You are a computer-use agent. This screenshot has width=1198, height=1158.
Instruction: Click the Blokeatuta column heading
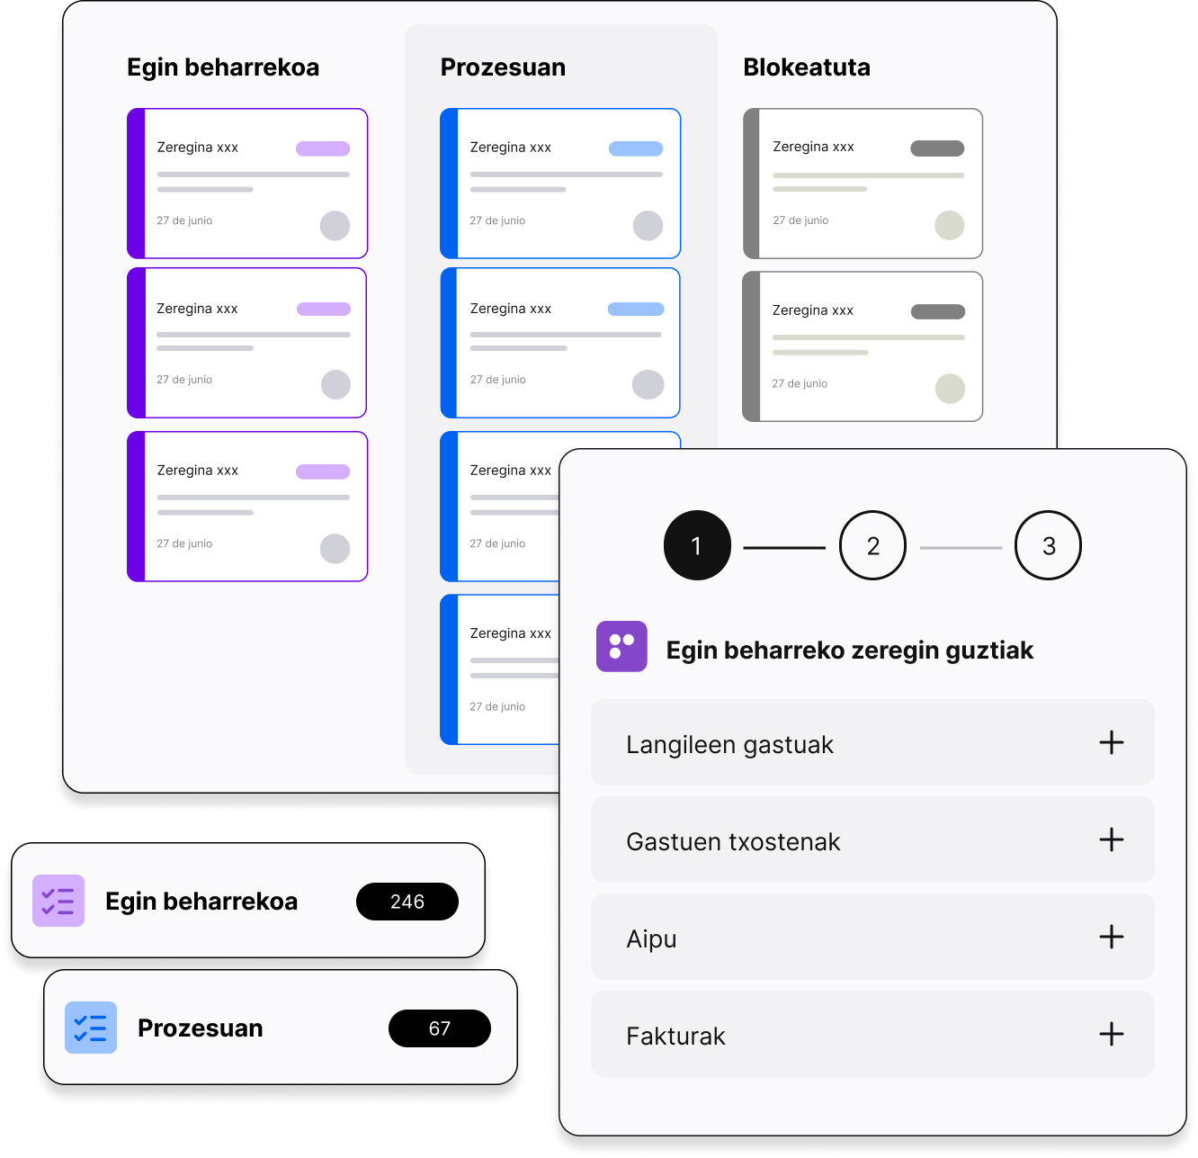coord(806,67)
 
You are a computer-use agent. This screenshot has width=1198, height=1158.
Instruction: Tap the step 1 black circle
coord(697,545)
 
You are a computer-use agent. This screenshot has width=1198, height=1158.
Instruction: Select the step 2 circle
coord(872,545)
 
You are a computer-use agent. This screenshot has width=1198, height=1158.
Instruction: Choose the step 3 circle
coord(1048,545)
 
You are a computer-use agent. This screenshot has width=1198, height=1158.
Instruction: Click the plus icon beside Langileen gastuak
coord(1112,742)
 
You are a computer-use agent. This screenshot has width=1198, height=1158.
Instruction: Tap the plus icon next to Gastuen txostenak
coord(1112,839)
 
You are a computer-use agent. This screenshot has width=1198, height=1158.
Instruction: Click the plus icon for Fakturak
coord(1112,1034)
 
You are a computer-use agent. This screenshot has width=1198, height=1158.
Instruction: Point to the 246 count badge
coord(407,902)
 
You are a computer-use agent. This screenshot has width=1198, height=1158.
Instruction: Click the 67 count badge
coord(440,1028)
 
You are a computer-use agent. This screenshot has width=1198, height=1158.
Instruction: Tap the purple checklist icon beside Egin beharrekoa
coord(58,901)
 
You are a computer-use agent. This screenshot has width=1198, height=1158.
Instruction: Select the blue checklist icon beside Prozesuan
coord(91,1028)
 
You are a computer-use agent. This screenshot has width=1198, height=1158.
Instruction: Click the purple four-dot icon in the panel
coord(621,646)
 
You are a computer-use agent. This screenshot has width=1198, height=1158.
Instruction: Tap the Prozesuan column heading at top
coord(503,67)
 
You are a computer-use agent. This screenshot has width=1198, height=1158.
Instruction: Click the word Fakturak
coord(675,1037)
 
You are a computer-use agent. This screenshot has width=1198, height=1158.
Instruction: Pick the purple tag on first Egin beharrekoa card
coord(323,148)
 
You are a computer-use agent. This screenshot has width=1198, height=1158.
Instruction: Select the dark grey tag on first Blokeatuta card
coord(937,148)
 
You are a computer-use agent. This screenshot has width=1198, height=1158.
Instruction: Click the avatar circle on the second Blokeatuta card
coord(950,389)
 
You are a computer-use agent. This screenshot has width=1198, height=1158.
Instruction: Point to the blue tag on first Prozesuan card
coord(636,148)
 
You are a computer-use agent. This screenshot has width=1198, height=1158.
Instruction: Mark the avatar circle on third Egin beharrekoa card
coord(335,549)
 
